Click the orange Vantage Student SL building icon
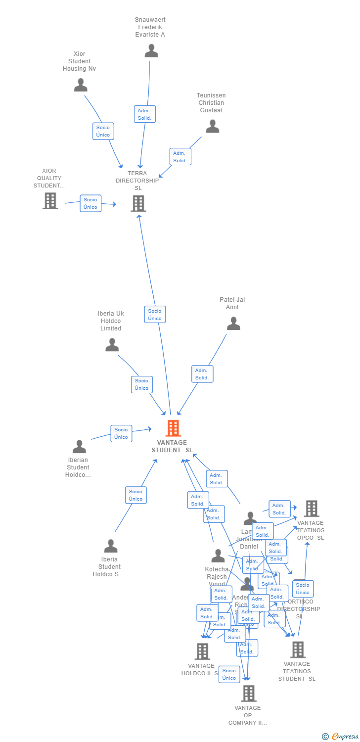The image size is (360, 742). (173, 428)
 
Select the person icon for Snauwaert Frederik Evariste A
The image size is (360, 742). (151, 51)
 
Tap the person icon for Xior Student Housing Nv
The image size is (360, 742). (81, 85)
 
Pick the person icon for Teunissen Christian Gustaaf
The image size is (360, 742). (212, 127)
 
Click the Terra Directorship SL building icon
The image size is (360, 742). (138, 203)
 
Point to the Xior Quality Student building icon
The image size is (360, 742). (50, 201)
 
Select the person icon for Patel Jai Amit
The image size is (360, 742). (233, 324)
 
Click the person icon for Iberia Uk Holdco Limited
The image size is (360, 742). (112, 345)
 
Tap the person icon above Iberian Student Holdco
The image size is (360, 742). (79, 447)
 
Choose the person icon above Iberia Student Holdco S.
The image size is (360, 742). (111, 546)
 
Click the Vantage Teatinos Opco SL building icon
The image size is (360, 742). (311, 508)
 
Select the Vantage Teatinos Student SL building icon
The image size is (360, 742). (298, 649)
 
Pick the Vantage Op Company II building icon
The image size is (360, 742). (248, 694)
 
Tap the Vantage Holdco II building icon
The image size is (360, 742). (202, 651)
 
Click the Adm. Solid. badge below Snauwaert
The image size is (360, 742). (145, 114)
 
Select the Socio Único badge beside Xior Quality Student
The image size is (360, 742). (90, 203)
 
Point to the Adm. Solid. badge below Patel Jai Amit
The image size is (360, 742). (202, 374)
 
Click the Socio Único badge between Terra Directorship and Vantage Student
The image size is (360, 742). (155, 315)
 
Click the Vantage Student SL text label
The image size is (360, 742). (172, 446)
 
